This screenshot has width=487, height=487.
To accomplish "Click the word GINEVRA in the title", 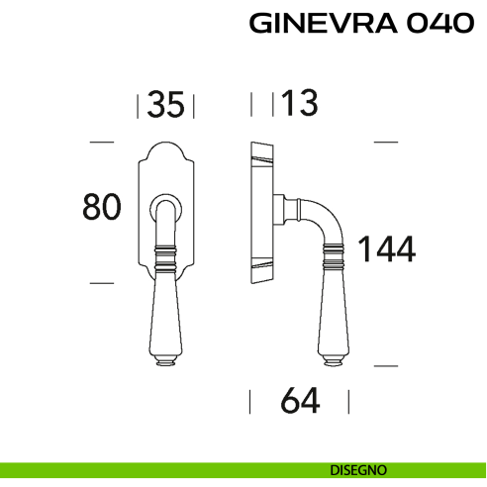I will click(x=314, y=24).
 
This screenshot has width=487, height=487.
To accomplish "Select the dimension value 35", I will click(x=165, y=104).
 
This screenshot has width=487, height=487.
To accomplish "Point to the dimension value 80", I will click(x=101, y=208).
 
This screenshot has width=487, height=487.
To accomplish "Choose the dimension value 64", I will click(x=300, y=402).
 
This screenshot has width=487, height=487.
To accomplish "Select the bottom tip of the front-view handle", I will click(x=164, y=362).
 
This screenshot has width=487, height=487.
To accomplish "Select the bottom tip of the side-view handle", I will click(x=332, y=362).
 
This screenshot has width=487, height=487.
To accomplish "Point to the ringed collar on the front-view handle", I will click(x=164, y=261).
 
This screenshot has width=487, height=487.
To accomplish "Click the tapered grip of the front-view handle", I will click(x=164, y=312).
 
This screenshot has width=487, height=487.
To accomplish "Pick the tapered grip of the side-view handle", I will click(x=332, y=312).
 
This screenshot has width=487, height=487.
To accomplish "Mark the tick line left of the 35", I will click(x=138, y=105).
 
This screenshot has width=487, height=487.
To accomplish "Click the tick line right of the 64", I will click(x=348, y=402).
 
